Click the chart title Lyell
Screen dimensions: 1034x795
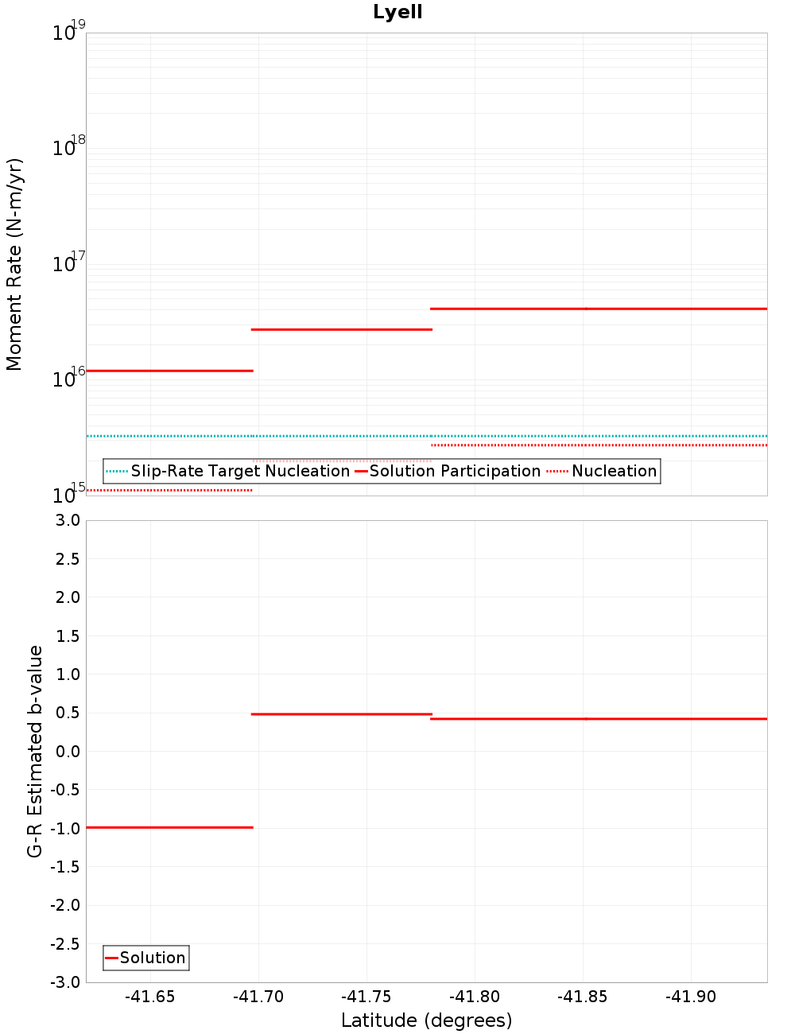click(x=397, y=13)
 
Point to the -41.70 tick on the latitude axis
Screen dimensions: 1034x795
click(x=258, y=997)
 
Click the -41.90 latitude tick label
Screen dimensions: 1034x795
click(x=691, y=997)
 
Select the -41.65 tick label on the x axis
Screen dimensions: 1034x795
click(x=149, y=997)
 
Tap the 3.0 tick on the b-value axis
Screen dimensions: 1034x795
click(x=68, y=520)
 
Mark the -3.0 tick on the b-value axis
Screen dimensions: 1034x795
click(x=65, y=982)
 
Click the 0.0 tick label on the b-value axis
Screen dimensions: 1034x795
click(x=68, y=752)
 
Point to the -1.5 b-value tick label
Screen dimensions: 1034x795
click(x=65, y=867)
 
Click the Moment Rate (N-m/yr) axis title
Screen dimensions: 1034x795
click(x=14, y=264)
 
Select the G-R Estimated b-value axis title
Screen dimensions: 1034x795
click(x=35, y=751)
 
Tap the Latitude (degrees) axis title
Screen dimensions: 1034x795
click(x=426, y=1020)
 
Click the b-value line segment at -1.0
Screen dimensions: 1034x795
click(x=169, y=827)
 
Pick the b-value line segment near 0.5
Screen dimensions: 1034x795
click(x=342, y=714)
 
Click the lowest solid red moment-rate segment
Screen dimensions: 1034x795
click(x=169, y=371)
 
